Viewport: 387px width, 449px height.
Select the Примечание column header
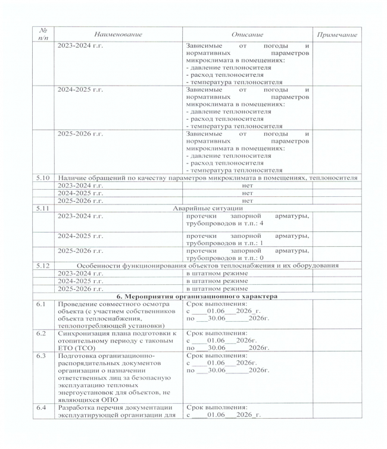[x=337, y=35]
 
